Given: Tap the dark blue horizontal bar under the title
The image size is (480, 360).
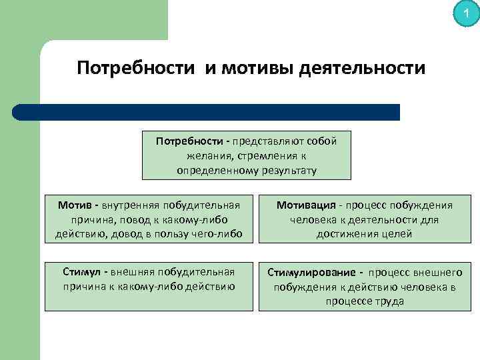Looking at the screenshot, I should (207, 112).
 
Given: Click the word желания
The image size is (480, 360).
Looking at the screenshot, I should (207, 156).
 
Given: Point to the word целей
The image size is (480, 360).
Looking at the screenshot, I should (397, 234).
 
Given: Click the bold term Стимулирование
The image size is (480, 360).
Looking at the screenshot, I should (311, 273).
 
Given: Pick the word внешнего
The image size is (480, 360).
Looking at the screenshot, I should (439, 273).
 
